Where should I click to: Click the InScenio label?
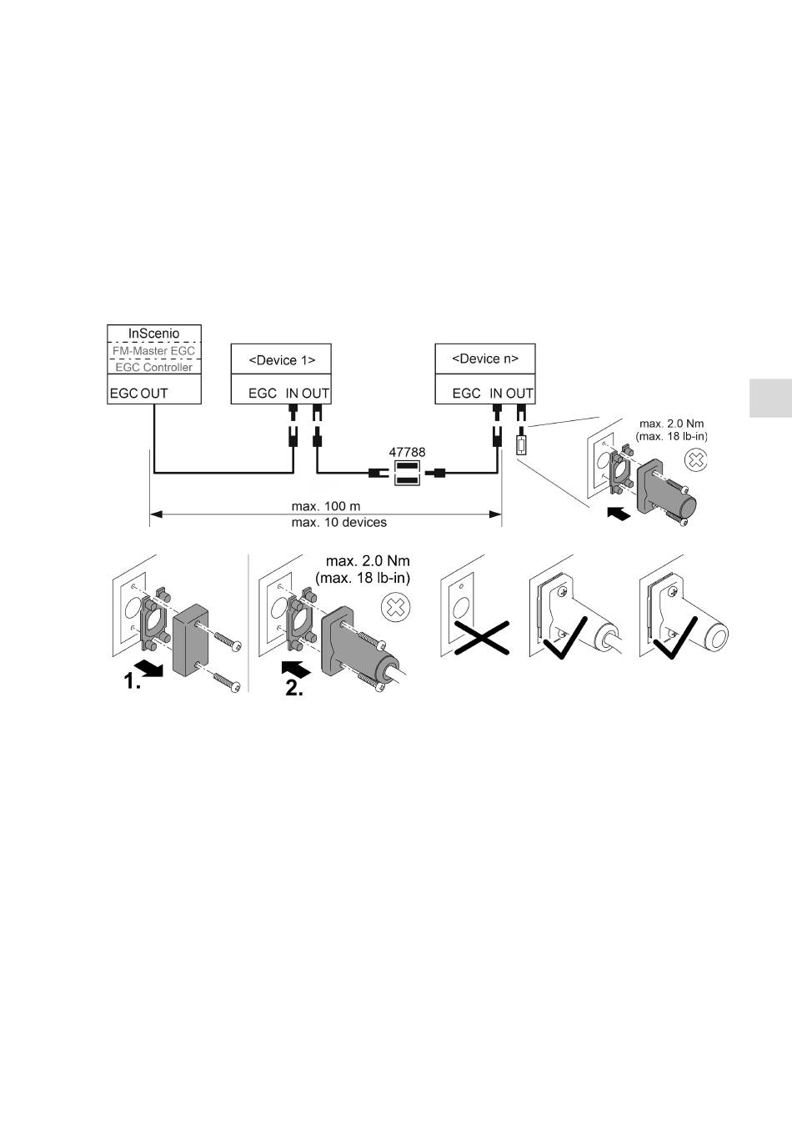tap(153, 334)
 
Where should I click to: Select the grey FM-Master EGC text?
tap(153, 351)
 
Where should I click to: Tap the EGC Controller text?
tap(153, 367)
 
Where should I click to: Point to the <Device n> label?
tap(485, 359)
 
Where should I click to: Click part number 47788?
tap(407, 452)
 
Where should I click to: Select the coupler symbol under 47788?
tap(406, 474)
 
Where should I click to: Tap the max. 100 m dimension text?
tap(326, 506)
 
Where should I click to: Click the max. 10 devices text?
tap(326, 523)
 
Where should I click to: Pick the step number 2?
tap(294, 688)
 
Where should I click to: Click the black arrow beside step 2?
tap(297, 667)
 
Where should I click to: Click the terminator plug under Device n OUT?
tap(521, 444)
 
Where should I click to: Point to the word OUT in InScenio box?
tap(154, 393)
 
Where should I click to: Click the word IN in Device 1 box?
tap(292, 393)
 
